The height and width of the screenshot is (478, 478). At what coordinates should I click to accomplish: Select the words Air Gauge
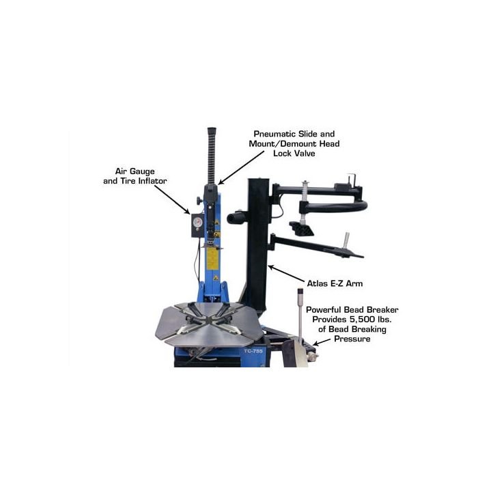[x=133, y=171]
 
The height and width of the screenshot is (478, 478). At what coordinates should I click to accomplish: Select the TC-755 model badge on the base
[x=253, y=350]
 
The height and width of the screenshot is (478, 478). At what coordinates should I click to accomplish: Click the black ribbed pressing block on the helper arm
[x=298, y=227]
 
